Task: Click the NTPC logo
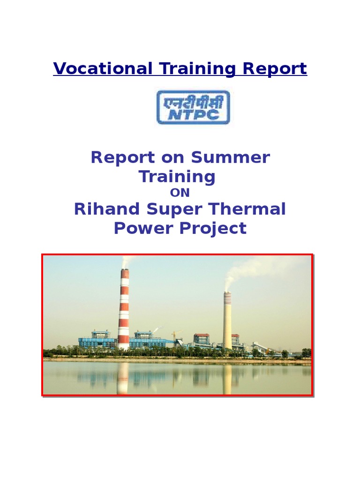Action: pos(193,107)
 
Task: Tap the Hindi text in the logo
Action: pos(193,101)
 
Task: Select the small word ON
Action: pos(180,192)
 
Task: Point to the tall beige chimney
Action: pos(227,321)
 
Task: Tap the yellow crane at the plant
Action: pos(176,336)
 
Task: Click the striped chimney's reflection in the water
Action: pos(123,377)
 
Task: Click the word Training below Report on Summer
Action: pos(177,177)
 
